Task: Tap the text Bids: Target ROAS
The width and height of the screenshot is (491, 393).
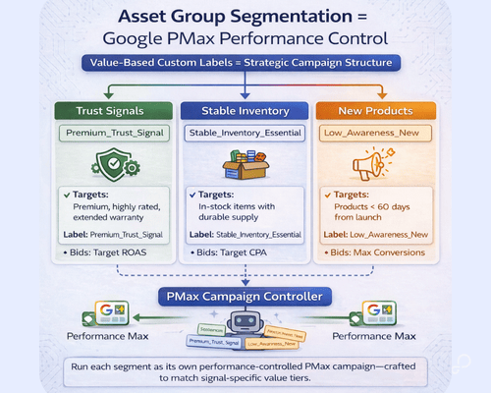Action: point(85,253)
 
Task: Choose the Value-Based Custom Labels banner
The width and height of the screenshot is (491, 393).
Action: point(245,64)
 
